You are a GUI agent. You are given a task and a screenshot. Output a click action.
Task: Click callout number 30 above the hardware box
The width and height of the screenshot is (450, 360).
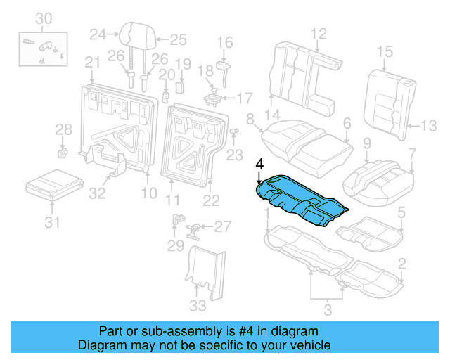tap(44, 18)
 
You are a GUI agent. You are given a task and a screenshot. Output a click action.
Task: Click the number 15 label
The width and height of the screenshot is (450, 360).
tap(384, 51)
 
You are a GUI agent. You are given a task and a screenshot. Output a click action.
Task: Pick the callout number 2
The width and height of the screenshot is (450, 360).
tap(401, 264)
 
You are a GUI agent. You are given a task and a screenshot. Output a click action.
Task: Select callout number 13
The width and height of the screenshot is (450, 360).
tap(428, 127)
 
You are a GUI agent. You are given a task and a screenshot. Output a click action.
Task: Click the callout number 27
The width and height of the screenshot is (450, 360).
tap(222, 226)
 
